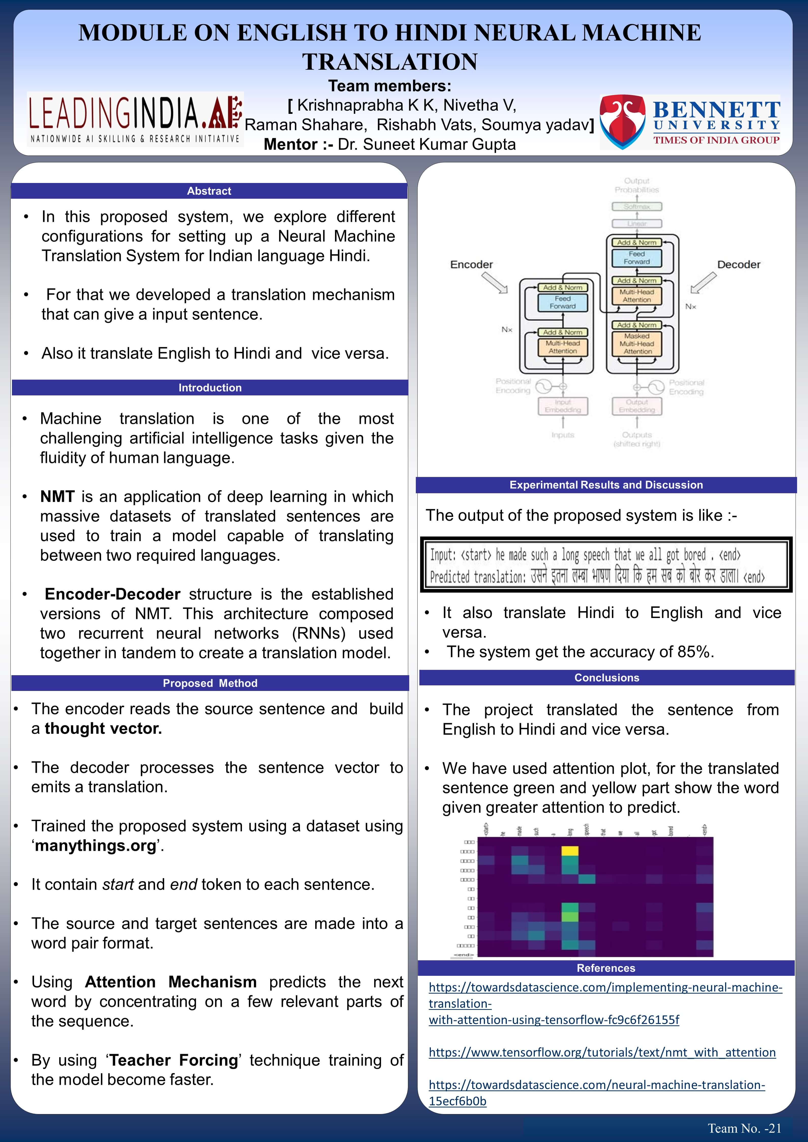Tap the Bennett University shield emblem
pos(624,122)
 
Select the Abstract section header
pos(209,191)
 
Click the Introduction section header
pos(210,388)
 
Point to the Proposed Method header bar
pos(210,683)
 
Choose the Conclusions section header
pos(606,677)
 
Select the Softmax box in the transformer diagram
pos(637,206)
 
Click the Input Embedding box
pos(563,406)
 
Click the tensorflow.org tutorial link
pos(602,1052)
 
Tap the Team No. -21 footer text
pos(744,1128)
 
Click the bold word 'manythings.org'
pos(96,845)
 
